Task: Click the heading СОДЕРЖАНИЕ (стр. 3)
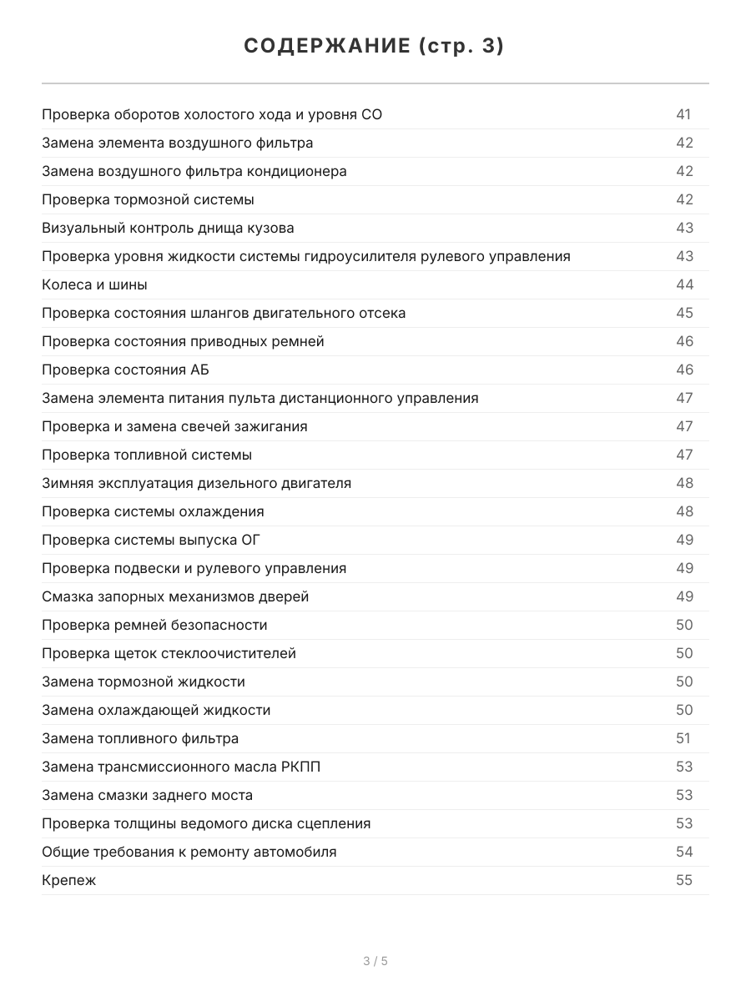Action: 375,47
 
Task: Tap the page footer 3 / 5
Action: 375,961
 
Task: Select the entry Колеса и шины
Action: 94,284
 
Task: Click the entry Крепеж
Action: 68,880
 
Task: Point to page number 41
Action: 683,114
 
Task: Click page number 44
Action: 684,284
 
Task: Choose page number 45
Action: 684,313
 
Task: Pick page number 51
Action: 683,738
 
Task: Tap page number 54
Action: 684,852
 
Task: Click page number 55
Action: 684,880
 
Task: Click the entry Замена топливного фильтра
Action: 140,738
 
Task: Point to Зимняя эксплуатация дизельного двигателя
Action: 196,483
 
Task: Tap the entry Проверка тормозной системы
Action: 148,199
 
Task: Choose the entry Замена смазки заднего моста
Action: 147,795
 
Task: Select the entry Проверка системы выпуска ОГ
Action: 151,540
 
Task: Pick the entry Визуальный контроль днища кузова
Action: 168,228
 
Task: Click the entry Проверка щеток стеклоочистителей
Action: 169,653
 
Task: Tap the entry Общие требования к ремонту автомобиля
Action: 189,852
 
